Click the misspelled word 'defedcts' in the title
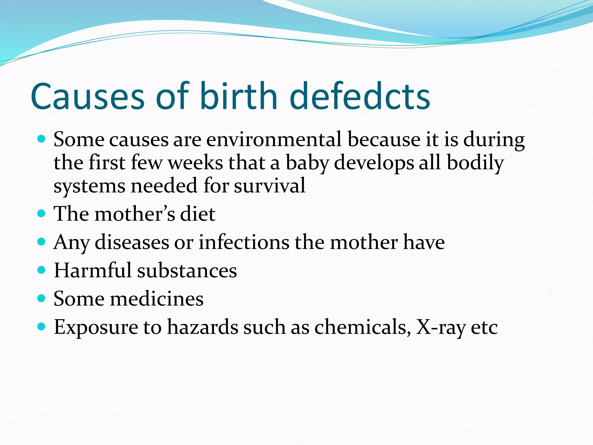pos(360,96)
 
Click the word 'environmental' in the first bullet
pos(274,139)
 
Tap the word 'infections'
pos(244,242)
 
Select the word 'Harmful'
pos(93,270)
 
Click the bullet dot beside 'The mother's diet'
pos(42,214)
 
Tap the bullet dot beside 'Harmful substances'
pos(42,270)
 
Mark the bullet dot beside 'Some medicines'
pos(42,298)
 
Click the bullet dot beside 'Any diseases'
pos(42,242)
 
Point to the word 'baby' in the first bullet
pos(307,163)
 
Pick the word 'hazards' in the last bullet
pos(203,327)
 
